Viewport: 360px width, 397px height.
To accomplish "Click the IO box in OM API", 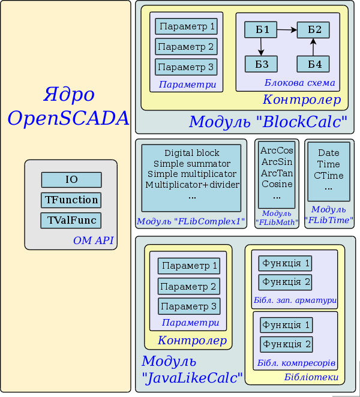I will (71, 179).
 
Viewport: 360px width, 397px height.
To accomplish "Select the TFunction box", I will (71, 200).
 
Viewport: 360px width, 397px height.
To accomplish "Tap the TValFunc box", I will (71, 220).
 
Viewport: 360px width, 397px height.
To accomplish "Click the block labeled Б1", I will (261, 29).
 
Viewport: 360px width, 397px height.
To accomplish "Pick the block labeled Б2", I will (313, 29).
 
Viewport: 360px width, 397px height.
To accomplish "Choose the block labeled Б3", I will (261, 64).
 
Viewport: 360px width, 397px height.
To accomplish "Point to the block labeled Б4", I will (313, 64).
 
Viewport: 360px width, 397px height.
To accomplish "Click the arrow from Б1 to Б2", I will (287, 29).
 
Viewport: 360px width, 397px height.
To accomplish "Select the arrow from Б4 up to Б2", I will (313, 47).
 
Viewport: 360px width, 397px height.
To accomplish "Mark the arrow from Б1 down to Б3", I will (261, 47).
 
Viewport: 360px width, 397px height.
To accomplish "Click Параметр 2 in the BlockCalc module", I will (186, 47).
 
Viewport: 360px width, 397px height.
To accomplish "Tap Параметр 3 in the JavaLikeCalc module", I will (189, 306).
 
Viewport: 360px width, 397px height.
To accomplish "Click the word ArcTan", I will (277, 173).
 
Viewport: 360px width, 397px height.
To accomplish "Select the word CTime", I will (328, 175).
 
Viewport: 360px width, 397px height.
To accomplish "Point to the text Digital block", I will (192, 153).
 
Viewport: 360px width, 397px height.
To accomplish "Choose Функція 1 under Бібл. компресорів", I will (286, 325).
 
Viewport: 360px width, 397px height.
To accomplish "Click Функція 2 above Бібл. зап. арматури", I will (284, 282).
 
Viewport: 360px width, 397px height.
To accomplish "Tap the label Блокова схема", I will (299, 83).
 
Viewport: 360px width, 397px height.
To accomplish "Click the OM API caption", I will (94, 242).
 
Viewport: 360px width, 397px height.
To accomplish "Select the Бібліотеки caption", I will (311, 377).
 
